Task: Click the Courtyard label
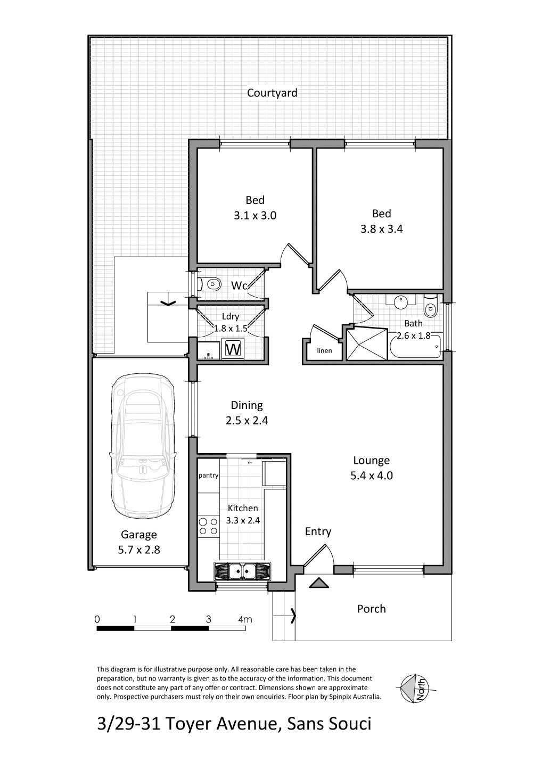coord(272,93)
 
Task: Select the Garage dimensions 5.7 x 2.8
coord(139,550)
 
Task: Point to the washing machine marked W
coord(233,349)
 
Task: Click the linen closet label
coord(324,350)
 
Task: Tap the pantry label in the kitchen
coord(208,476)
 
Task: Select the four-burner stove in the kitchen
coord(208,526)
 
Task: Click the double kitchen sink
coord(242,571)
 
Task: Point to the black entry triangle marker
coord(319,583)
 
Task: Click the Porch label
coord(371,609)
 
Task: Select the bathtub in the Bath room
coord(415,346)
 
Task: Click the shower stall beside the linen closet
coord(367,343)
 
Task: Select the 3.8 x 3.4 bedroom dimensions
coord(382,229)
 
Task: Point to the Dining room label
coord(247,405)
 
